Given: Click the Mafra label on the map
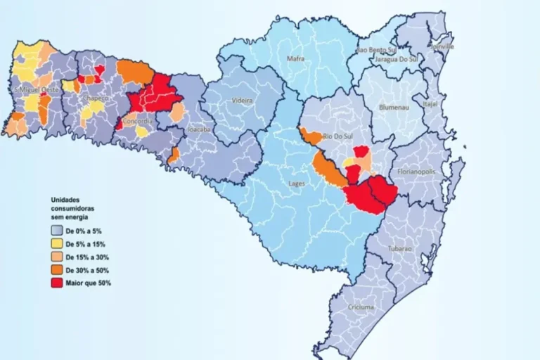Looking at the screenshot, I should tap(295, 59).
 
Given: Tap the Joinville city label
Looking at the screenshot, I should tap(441, 46).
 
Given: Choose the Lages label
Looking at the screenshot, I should tap(297, 184).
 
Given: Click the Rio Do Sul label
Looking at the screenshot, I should tap(336, 135).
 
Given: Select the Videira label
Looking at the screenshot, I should tap(242, 101).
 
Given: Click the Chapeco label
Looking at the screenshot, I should tap(94, 98).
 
